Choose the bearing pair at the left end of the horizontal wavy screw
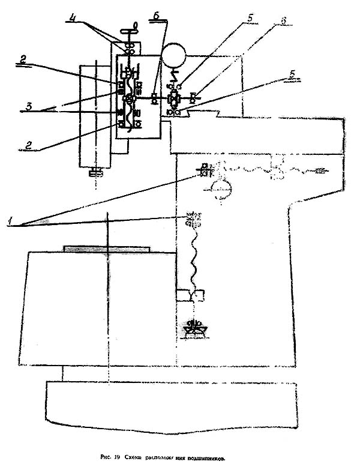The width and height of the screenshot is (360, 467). tap(205, 169)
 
